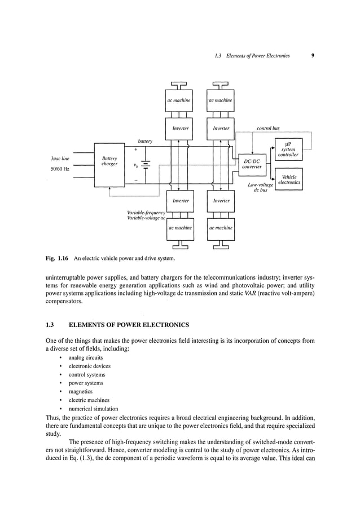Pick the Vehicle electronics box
pos(288,180)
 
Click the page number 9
pos(312,56)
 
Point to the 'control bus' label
pos(268,129)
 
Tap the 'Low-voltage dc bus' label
pos(260,188)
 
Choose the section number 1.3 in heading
pos(49,325)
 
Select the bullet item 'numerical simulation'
pos(93,408)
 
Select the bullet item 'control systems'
pos(87,374)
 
